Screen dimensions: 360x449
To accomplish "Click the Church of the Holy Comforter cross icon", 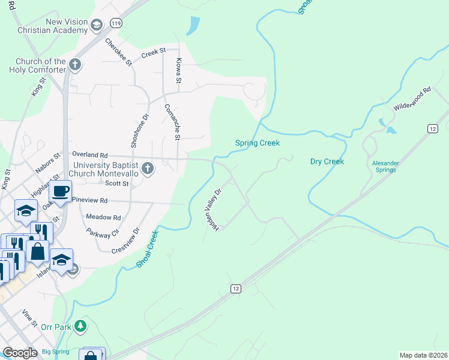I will (75, 64).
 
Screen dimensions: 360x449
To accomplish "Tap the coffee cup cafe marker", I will (60, 191).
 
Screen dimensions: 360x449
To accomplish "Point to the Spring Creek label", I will (257, 143).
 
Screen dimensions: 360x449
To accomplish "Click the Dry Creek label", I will (327, 161).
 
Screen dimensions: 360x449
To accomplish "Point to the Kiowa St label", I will (178, 71).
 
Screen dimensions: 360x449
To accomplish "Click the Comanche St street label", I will (172, 122).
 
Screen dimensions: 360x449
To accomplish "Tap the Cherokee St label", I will (118, 52).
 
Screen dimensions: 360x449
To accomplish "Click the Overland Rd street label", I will (89, 154).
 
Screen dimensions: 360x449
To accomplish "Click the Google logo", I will (20, 353).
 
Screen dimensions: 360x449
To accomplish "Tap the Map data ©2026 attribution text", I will (423, 355).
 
